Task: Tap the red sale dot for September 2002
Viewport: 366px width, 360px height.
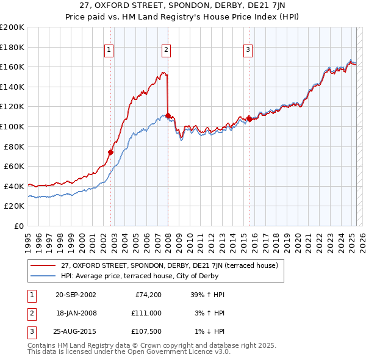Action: click(111, 152)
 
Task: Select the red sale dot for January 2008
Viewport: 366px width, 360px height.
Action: click(168, 115)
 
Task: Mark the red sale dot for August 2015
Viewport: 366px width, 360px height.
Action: click(249, 119)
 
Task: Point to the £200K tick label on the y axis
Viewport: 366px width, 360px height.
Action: click(12, 27)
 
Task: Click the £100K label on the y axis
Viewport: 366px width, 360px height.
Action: click(12, 126)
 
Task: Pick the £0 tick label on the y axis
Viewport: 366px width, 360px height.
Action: click(18, 226)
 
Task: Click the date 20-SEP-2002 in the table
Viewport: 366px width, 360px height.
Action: click(76, 295)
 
